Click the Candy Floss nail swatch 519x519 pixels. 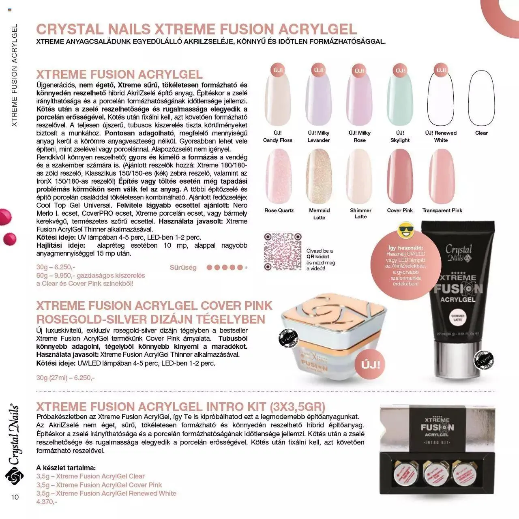pos(278,97)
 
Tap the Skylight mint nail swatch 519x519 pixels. pos(400,97)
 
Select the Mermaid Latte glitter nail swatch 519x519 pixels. pos(319,176)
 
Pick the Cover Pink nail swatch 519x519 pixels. pos(400,176)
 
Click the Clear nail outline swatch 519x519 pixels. pos(482,97)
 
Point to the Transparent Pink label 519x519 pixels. pos(442,210)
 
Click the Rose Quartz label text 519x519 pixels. pos(279,210)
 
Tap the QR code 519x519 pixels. pos(283,251)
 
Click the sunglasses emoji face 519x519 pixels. pos(405,231)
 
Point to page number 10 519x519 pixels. pos(15,497)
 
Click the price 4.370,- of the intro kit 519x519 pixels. pos(47,502)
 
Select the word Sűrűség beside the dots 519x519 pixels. pos(183,268)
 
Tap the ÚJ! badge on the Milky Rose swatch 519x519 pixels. pos(359,70)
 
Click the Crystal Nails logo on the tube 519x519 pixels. pos(459,253)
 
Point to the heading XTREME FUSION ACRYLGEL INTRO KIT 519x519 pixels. pos(180,407)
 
